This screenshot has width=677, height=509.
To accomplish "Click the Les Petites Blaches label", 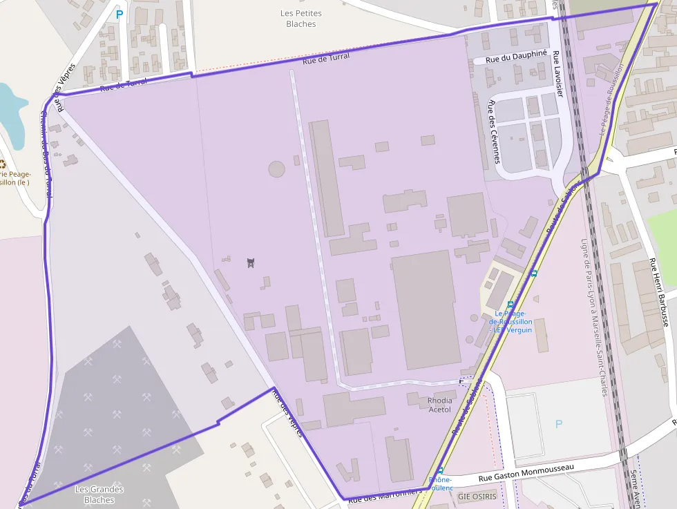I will pyautogui.click(x=301, y=19).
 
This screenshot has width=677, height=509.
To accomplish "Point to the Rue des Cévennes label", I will pyautogui.click(x=494, y=131).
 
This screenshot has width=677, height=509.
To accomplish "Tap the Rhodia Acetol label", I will pyautogui.click(x=440, y=405).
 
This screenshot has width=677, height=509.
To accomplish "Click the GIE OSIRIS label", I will pyautogui.click(x=477, y=496).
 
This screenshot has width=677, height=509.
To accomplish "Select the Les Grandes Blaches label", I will pyautogui.click(x=99, y=494).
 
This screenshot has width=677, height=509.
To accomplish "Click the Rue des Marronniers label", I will pyautogui.click(x=385, y=495).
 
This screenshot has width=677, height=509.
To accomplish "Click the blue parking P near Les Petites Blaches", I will pyautogui.click(x=120, y=14).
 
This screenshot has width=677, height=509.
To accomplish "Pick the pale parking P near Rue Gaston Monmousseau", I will pyautogui.click(x=559, y=423).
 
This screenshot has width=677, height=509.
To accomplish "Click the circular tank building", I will pyautogui.click(x=276, y=169).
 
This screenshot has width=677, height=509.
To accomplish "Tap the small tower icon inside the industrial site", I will pyautogui.click(x=251, y=262).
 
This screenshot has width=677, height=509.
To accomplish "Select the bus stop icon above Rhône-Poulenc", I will pyautogui.click(x=440, y=470).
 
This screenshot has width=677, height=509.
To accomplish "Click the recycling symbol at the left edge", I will pyautogui.click(x=2, y=164).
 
